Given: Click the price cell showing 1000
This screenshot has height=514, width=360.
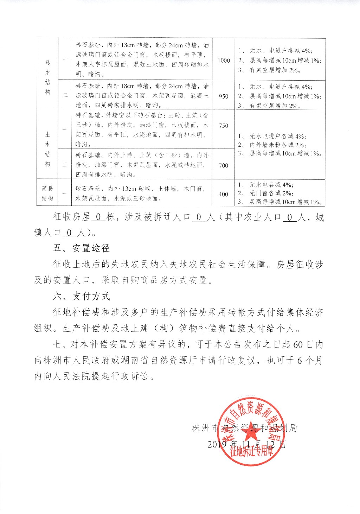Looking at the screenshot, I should click(x=224, y=61).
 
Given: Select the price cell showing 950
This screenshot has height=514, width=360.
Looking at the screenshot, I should click(x=224, y=96).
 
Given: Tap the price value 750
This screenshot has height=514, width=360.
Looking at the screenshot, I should click(x=224, y=126).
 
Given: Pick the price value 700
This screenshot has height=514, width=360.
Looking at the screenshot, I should click(x=224, y=165).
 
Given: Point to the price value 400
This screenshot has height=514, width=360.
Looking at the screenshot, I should click(x=224, y=194).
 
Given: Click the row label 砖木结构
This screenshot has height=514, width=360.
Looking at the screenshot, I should click(x=47, y=77).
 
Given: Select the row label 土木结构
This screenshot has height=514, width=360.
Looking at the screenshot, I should click(x=47, y=149).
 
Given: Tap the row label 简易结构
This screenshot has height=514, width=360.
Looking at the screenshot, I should click(x=47, y=193).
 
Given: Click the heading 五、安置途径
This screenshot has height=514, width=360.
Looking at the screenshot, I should click(x=81, y=248).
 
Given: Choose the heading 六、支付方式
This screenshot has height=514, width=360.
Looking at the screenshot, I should click(x=81, y=296).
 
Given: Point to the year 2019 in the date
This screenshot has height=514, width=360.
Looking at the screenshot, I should click(x=217, y=444).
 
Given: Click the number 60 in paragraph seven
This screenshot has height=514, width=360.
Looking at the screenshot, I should click(x=298, y=344).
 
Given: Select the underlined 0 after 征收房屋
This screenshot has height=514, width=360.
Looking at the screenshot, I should click(x=98, y=217).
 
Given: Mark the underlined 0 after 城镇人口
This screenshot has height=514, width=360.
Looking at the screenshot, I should click(x=69, y=233).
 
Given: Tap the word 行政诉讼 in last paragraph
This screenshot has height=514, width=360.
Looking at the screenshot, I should click(x=135, y=376).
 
